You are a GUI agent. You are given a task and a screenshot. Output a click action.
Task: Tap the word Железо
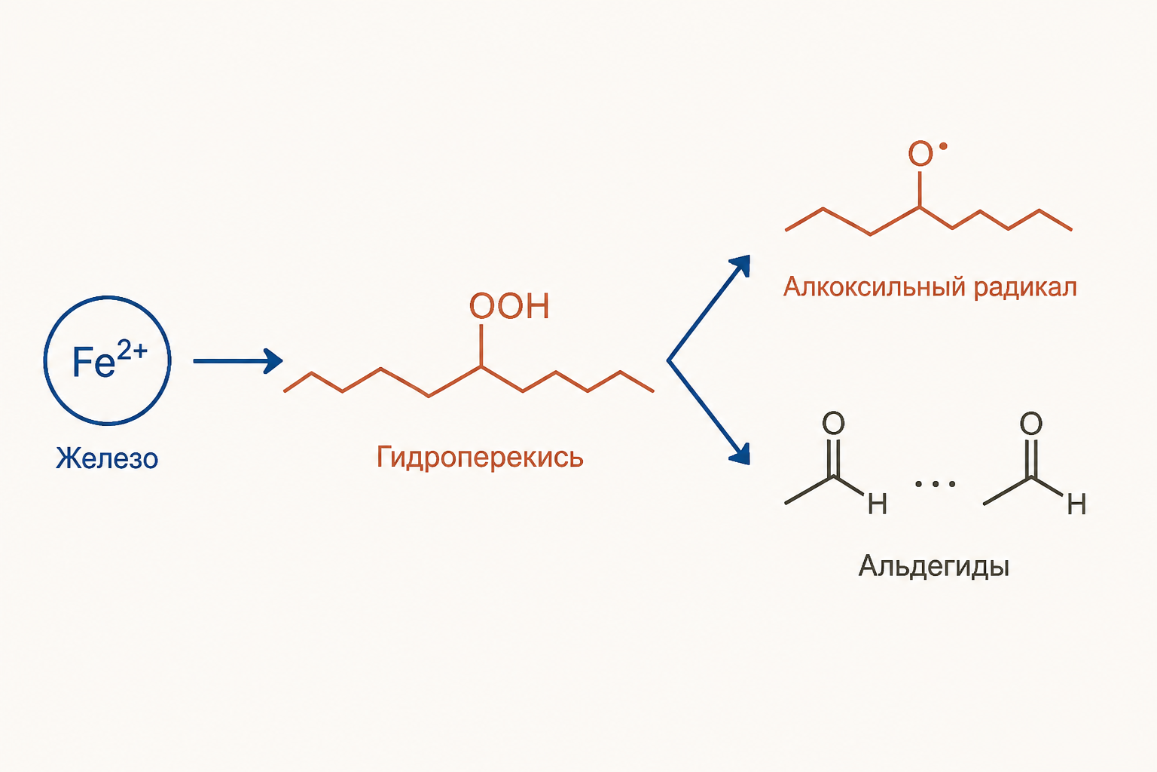[x=107, y=458]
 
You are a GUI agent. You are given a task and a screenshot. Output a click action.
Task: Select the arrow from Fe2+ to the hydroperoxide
[x=238, y=361]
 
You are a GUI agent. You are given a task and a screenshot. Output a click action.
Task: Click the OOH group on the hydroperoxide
[x=509, y=306]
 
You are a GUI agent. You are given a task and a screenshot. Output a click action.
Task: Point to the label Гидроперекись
[x=480, y=457]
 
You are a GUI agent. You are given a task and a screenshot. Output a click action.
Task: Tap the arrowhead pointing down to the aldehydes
[x=740, y=454]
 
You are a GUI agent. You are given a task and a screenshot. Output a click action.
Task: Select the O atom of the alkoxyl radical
[x=920, y=154]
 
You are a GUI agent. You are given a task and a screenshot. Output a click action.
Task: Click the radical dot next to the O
[x=943, y=146]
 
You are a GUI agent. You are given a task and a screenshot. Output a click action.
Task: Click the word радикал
[x=1026, y=287]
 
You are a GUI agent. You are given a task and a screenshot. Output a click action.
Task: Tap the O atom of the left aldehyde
[x=833, y=423]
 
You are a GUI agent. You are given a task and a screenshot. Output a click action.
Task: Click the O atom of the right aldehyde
[x=1031, y=423]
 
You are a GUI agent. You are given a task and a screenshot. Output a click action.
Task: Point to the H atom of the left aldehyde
[x=878, y=504]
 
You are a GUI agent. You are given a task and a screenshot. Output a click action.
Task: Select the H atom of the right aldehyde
[x=1076, y=504]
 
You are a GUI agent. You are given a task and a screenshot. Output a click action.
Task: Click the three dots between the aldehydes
[x=936, y=485]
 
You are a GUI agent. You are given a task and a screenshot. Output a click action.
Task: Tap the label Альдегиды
[x=934, y=567]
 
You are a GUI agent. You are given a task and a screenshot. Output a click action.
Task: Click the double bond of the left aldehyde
[x=832, y=458]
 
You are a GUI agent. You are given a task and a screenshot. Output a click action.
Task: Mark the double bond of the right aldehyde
[x=1031, y=458]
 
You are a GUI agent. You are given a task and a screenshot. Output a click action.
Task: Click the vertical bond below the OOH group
[x=481, y=345]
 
